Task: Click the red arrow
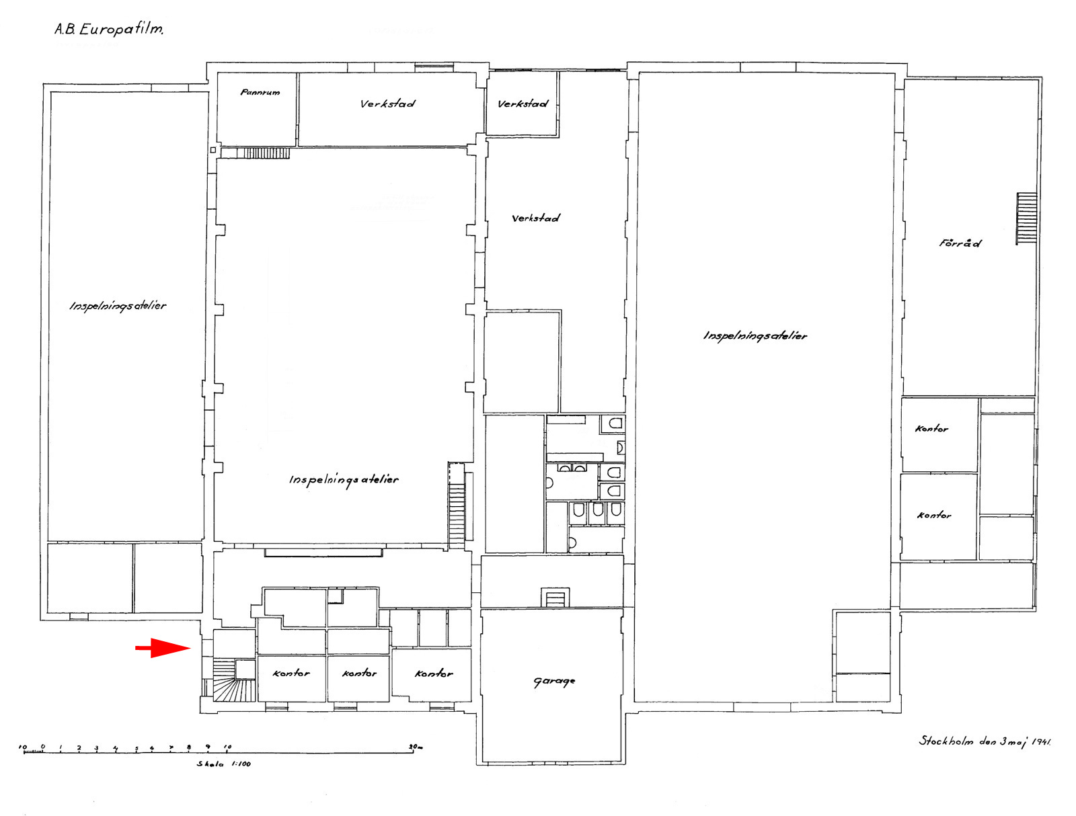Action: [x=162, y=647]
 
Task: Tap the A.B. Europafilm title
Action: [x=109, y=29]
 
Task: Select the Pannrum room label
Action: [x=260, y=92]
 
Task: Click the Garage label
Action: [x=554, y=682]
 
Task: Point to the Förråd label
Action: [x=960, y=243]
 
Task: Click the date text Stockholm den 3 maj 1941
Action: [x=985, y=741]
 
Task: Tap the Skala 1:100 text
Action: [x=223, y=763]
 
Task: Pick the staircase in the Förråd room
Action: [x=1026, y=218]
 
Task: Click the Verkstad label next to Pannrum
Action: [x=387, y=104]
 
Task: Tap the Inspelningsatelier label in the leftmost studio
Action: [x=118, y=306]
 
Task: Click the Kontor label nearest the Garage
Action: [x=434, y=673]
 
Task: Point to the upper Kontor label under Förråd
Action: [x=931, y=428]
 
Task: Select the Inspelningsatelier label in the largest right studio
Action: [x=755, y=335]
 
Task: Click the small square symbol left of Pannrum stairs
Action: [x=213, y=150]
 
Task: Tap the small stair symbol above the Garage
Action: [x=555, y=598]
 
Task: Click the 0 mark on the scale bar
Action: [x=43, y=747]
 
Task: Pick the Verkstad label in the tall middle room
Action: [x=535, y=218]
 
